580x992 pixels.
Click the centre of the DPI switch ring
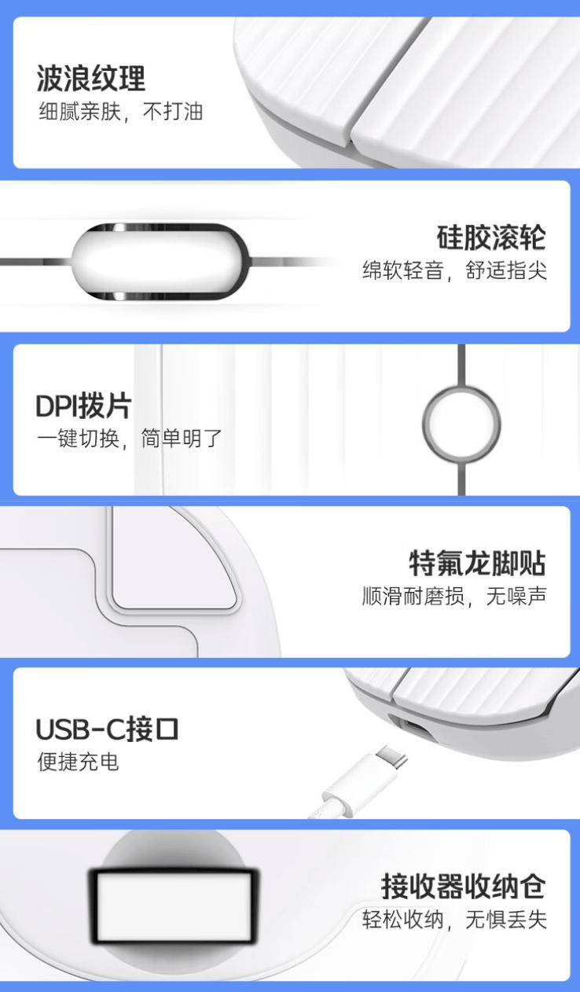pyautogui.click(x=461, y=424)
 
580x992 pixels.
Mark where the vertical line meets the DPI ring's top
pyautogui.click(x=461, y=387)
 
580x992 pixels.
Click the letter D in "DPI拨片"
pyautogui.click(x=45, y=406)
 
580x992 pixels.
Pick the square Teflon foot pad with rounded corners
pyautogui.click(x=174, y=559)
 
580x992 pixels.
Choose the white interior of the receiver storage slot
pyautogui.click(x=174, y=905)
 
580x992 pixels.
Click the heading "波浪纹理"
pyautogui.click(x=90, y=79)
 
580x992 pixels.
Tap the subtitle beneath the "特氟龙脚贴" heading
pyautogui.click(x=454, y=596)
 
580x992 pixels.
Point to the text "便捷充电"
pyautogui.click(x=78, y=762)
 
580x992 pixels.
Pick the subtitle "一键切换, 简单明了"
pyautogui.click(x=129, y=439)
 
